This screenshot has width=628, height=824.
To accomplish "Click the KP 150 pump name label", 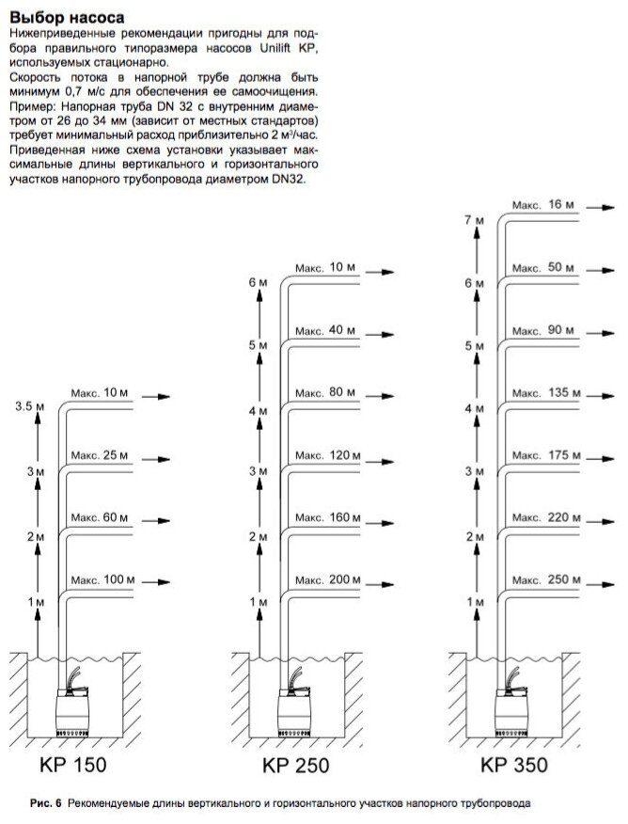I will pos(78,764).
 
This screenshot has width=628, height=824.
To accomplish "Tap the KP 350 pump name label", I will pos(513,764).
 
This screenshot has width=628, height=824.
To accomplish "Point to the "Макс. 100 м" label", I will pos(104,580).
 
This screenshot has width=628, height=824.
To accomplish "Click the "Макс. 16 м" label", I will pos(543,203).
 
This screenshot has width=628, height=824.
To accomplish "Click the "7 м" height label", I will pos(475,219).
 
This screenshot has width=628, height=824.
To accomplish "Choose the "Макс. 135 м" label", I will pos(543,392).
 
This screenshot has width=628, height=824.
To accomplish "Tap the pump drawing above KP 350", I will pos(512,704).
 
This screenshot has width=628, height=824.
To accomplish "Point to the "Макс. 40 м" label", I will pos(324,330).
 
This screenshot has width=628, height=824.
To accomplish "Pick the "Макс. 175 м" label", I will pos(543,455).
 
